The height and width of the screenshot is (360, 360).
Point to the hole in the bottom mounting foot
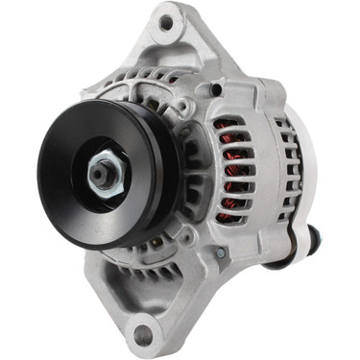click(144, 335)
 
